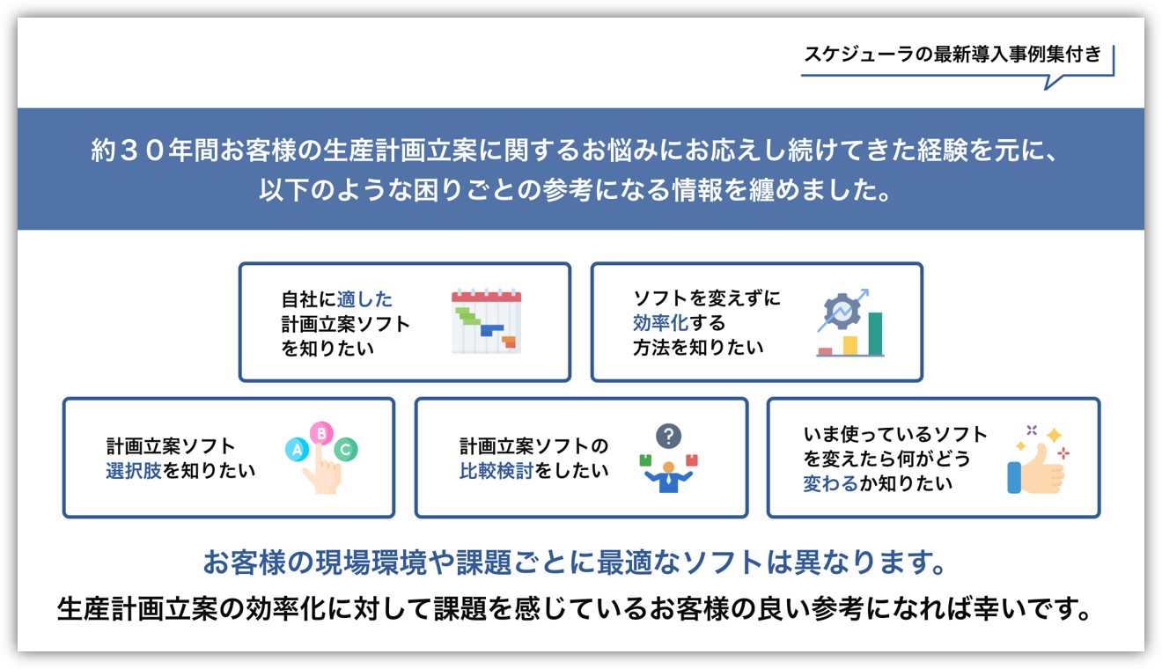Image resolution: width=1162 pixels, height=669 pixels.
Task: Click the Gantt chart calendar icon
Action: click(486, 321)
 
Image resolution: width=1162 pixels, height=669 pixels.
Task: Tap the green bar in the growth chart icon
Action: click(876, 334)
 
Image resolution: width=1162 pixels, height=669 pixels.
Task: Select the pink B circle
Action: click(321, 432)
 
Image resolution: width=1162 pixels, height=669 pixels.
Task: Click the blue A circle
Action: click(298, 449)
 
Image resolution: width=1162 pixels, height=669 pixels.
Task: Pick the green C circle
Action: click(346, 449)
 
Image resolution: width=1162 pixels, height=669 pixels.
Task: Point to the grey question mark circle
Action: click(669, 436)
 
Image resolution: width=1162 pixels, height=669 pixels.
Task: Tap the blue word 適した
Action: click(364, 299)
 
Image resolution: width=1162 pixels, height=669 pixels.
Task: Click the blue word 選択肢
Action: click(134, 471)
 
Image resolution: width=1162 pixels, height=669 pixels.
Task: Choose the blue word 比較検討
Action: click(496, 471)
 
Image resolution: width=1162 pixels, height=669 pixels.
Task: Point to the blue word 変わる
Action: click(831, 483)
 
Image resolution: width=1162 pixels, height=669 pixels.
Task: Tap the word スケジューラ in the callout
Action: click(859, 55)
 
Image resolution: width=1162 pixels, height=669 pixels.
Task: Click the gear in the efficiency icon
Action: click(842, 311)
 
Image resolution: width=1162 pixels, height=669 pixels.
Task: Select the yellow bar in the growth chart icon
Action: click(850, 345)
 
